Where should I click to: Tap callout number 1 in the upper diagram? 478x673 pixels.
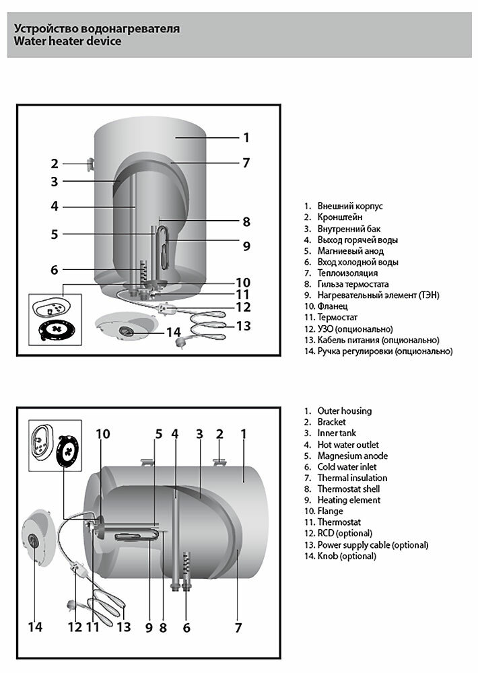coord(246,137)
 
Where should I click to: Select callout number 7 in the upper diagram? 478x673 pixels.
coord(246,162)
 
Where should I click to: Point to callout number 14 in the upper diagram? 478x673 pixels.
coord(173,332)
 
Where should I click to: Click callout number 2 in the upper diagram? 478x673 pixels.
coord(55,164)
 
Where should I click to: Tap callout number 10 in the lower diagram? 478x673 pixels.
coord(102,434)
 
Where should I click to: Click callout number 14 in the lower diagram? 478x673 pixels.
coord(35,627)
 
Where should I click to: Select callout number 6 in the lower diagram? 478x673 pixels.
coord(186,627)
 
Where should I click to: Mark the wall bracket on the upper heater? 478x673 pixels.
coord(90,164)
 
